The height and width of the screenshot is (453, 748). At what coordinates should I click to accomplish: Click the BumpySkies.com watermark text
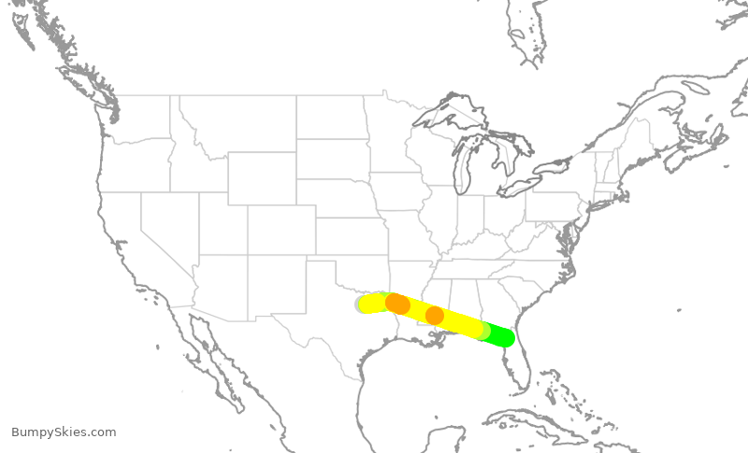(x=64, y=432)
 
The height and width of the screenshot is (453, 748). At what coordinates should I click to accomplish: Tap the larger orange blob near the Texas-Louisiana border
(x=397, y=304)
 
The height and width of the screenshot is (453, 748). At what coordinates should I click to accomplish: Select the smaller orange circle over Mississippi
(x=434, y=316)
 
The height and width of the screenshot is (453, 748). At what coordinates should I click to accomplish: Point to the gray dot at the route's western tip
(x=361, y=304)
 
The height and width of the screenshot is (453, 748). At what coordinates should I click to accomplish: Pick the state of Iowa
(x=402, y=191)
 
